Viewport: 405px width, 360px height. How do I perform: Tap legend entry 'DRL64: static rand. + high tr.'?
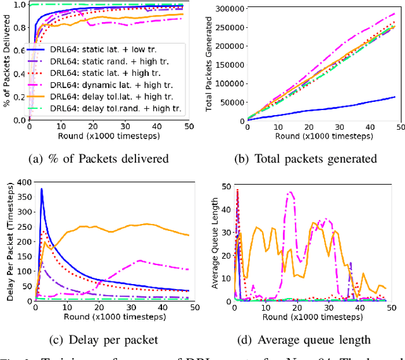[111, 60]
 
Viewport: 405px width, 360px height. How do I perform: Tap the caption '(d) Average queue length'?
[304, 339]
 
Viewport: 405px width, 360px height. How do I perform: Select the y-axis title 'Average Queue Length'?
[215, 243]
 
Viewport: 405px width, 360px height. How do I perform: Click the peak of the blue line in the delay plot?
[42, 189]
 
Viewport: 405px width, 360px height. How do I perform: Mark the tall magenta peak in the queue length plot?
[290, 192]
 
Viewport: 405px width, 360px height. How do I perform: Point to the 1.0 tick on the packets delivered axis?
[19, 4]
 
